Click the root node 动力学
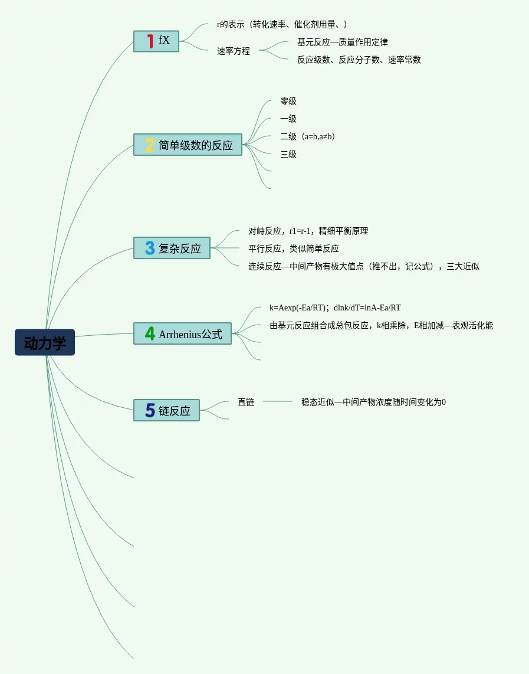45,342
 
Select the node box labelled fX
156,41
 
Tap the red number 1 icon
150,41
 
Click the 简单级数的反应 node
188,145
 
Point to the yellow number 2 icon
150,145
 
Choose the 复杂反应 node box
172,248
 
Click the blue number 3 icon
150,248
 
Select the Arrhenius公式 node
182,333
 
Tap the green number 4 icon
150,333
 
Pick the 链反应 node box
166,410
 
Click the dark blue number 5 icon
150,410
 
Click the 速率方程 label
234,51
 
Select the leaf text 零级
288,102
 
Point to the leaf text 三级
288,155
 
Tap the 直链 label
246,402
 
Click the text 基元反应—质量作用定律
343,42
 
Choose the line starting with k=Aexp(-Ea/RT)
335,308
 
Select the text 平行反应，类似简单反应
294,249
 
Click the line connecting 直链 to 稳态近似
278,401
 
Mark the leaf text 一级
288,119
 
